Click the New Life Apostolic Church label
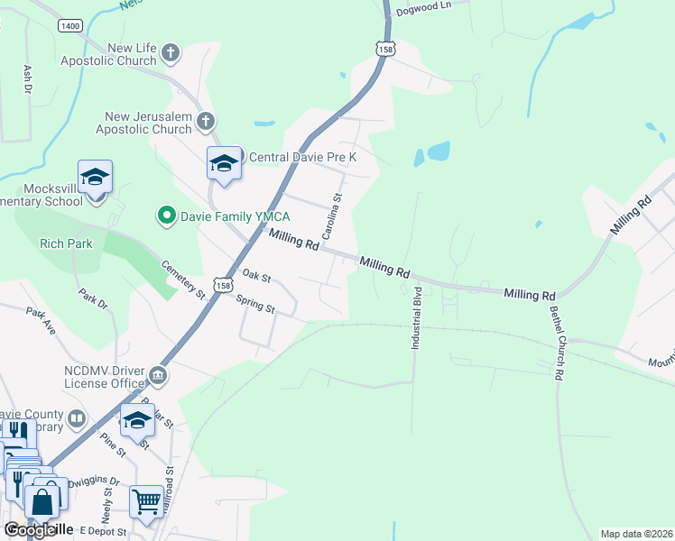(x=107, y=54)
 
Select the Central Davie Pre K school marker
(x=224, y=163)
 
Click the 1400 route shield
(x=69, y=26)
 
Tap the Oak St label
(x=256, y=275)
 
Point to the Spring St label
(x=255, y=302)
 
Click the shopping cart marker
(x=146, y=500)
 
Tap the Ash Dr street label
(x=28, y=79)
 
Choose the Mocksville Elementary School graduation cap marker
(x=94, y=177)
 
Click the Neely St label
(x=108, y=502)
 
